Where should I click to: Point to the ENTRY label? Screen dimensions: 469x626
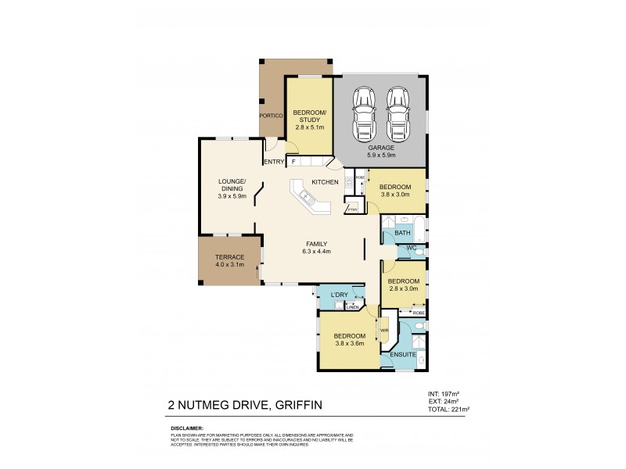[x=273, y=162]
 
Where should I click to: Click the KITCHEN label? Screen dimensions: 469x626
[x=325, y=182]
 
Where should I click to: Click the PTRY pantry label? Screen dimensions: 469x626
[x=352, y=209]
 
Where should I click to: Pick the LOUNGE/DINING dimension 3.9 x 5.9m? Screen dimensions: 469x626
[x=232, y=196]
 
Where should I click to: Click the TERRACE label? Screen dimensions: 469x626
[x=230, y=257]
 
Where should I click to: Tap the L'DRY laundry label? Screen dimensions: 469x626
[x=340, y=295]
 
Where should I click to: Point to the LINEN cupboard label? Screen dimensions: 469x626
[x=352, y=307]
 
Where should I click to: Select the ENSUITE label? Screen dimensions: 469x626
[x=403, y=355]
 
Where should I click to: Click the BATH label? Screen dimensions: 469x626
[x=402, y=233]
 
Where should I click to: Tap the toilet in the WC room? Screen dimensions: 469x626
[x=419, y=252]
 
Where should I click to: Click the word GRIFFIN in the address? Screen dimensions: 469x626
[x=294, y=405]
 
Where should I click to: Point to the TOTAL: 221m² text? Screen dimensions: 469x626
[x=448, y=409]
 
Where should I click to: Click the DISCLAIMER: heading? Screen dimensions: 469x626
[x=186, y=428]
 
